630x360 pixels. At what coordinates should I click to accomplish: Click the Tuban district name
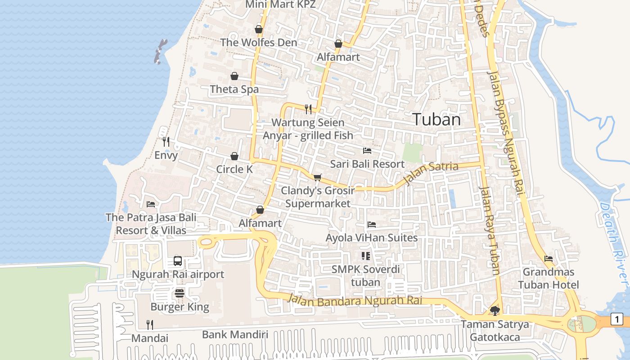point(436,120)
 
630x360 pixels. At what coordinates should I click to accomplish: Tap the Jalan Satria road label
point(431,173)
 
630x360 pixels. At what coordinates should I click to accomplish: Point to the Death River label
point(615,243)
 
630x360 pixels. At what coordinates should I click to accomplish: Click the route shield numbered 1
point(616,319)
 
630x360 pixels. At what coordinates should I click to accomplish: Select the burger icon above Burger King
point(180,294)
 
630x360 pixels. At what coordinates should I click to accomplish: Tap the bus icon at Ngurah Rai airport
point(178,261)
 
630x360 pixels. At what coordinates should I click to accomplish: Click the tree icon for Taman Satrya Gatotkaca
point(495,310)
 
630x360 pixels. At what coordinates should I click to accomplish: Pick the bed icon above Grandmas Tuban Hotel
point(549,259)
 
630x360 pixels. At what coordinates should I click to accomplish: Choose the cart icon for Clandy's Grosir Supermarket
point(317,177)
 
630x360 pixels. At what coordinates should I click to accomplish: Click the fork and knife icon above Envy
point(166,142)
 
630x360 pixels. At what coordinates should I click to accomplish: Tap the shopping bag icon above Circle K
point(234,156)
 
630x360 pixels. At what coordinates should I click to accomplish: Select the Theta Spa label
point(234,90)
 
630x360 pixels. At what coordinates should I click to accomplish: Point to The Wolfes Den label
point(258,43)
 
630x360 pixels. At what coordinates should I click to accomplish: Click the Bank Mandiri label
point(235,334)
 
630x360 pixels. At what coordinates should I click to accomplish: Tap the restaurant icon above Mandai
point(150,324)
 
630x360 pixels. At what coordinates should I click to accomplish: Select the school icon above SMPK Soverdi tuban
point(365,256)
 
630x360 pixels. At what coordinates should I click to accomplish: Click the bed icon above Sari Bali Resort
point(367,151)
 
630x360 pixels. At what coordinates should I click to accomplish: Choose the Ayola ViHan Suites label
point(372,238)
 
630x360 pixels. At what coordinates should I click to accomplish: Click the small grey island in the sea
point(160,51)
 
